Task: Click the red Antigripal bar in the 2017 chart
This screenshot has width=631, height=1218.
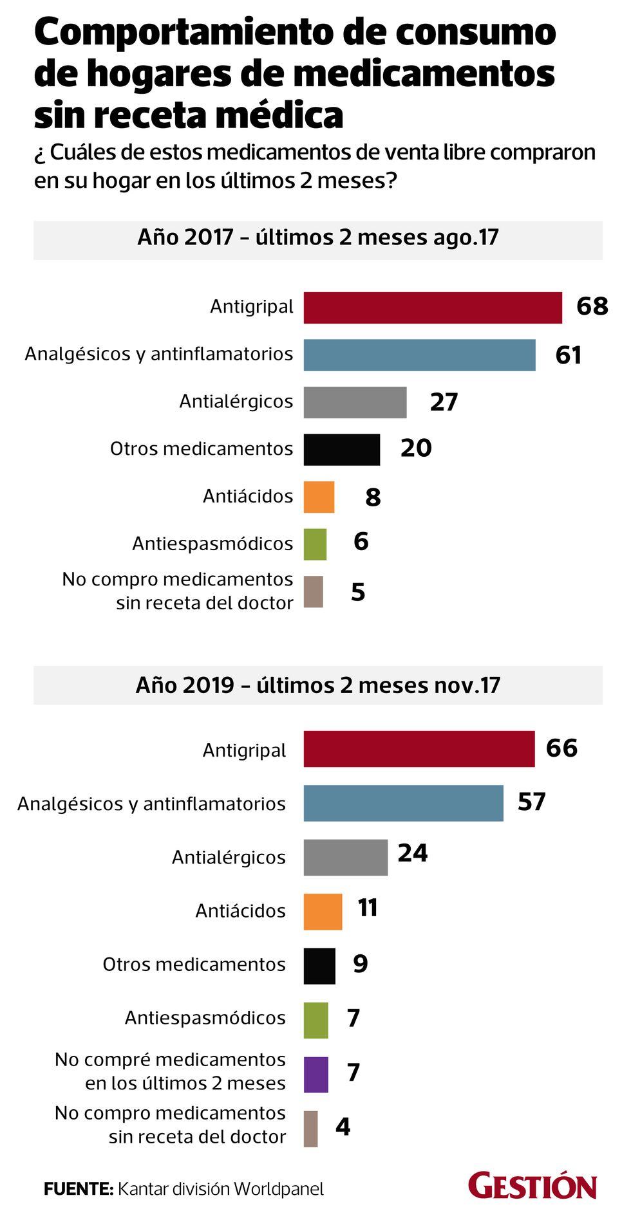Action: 433,308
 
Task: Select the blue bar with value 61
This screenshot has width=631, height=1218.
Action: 419,355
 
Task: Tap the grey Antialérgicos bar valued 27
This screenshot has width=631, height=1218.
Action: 355,402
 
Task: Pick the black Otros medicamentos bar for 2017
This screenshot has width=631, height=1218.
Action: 341,450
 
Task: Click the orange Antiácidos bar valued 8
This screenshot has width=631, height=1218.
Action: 319,497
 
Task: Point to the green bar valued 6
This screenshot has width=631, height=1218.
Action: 315,544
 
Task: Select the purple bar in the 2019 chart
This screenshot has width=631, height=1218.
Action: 315,1075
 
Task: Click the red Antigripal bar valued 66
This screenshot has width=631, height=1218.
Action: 419,749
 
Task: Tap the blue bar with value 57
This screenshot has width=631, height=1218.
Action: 403,803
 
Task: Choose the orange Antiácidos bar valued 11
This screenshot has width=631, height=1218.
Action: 323,911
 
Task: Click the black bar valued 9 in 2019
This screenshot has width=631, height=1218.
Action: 319,966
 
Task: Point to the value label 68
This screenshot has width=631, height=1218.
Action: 592,306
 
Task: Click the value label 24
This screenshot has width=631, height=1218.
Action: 413,853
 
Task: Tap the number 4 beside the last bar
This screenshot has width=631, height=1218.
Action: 343,1127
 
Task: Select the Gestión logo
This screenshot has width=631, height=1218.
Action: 532,1186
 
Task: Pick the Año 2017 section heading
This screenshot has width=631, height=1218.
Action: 318,237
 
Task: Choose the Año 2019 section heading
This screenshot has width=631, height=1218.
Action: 318,685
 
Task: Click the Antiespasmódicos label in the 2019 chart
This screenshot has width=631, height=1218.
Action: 205,1018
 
